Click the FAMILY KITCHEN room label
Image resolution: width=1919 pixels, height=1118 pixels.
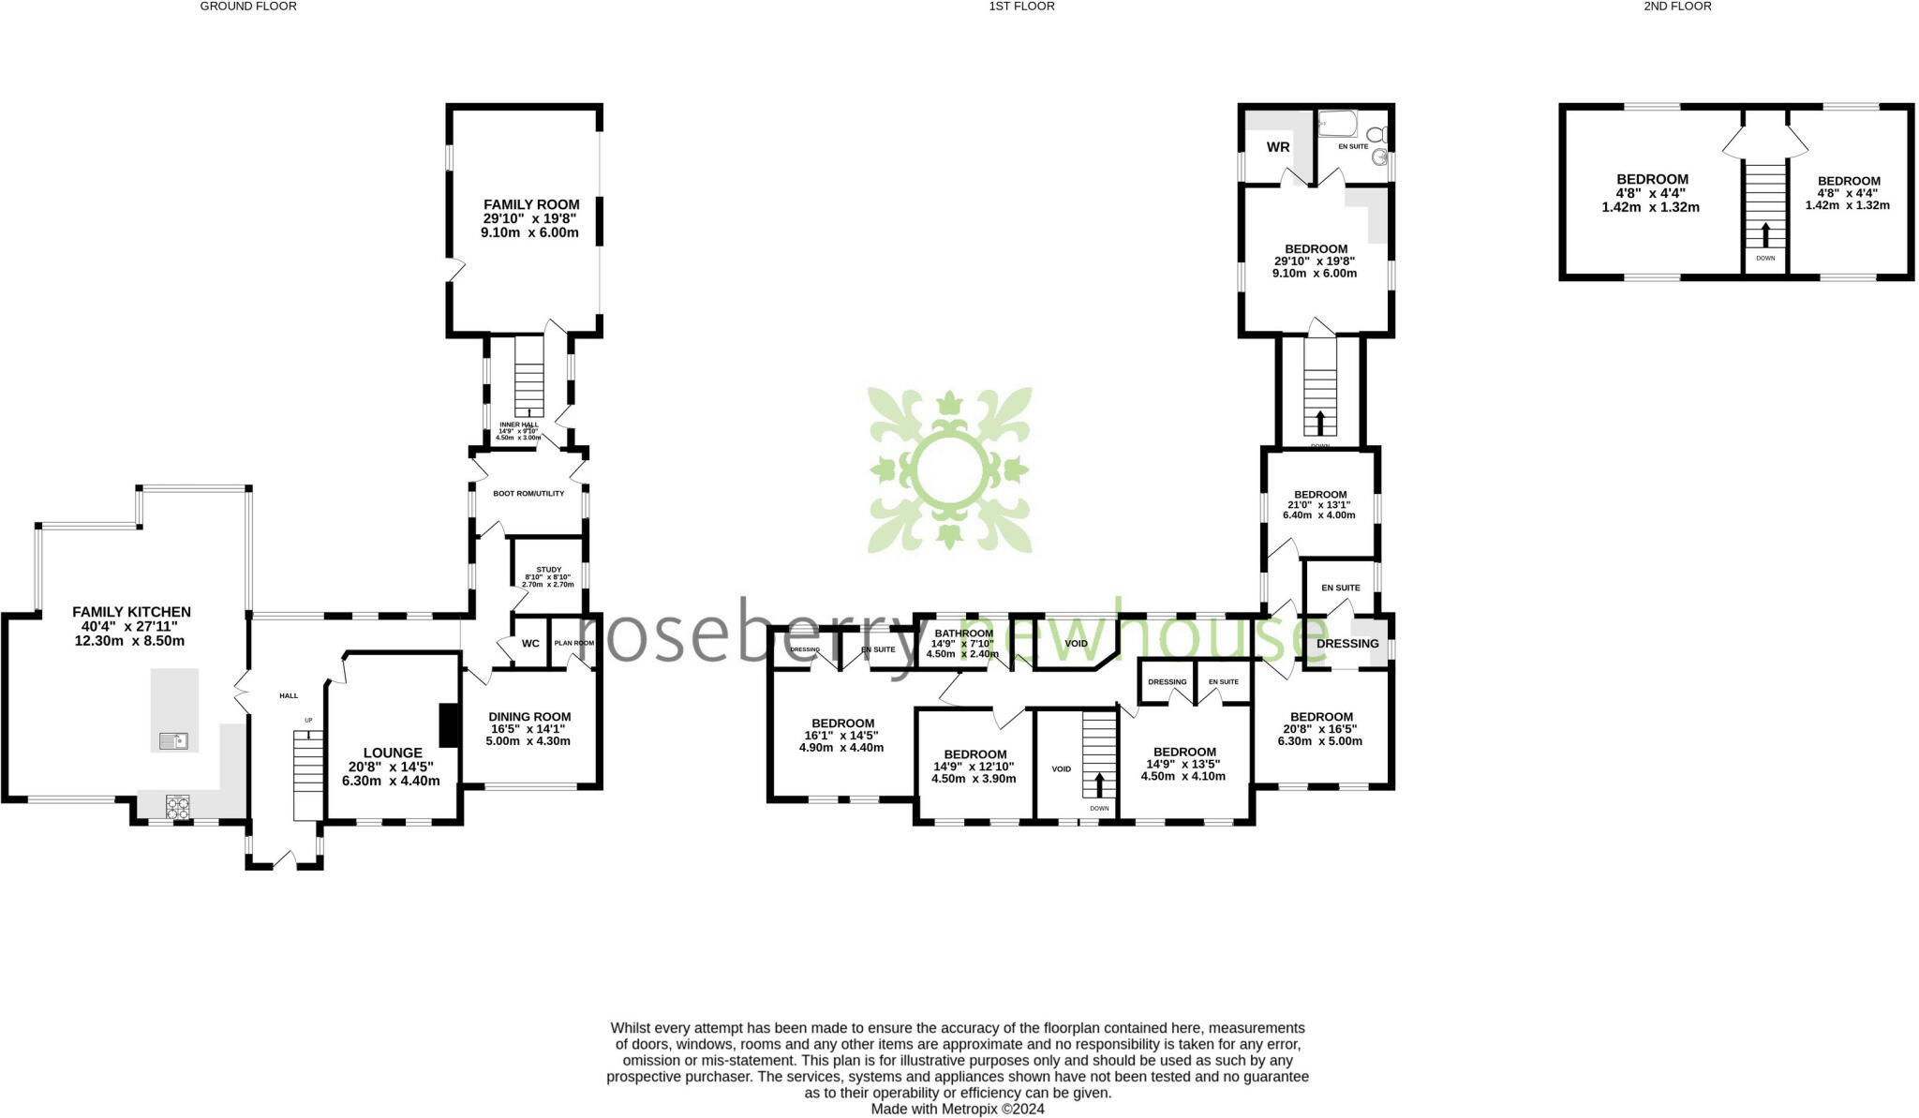[x=131, y=612]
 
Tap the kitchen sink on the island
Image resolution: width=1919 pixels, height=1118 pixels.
[x=173, y=741]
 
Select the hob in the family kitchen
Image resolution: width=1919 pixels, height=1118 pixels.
[x=177, y=806]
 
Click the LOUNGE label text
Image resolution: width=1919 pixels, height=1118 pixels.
[x=392, y=753]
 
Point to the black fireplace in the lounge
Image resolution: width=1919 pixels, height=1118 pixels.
[x=448, y=725]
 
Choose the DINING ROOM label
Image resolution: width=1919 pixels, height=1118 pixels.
[x=530, y=717]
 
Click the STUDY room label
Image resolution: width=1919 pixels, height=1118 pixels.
[x=549, y=570]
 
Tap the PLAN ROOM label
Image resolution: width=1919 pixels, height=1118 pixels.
[x=573, y=643]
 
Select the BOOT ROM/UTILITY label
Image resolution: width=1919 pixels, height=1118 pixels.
[x=528, y=493]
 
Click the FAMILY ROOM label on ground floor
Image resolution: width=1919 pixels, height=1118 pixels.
[x=531, y=204]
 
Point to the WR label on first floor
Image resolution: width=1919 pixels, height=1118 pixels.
[x=1278, y=147]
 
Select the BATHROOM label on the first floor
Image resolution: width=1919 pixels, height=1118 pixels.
[x=963, y=634]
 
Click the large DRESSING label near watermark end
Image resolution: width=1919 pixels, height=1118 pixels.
[x=1347, y=644]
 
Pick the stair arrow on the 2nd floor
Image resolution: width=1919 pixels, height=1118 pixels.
[x=1765, y=233]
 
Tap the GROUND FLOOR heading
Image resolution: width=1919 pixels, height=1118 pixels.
[x=248, y=7]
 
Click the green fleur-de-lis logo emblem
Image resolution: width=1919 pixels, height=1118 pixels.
[x=950, y=470]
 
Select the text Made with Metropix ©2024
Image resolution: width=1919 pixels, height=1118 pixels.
[x=958, y=1109]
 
